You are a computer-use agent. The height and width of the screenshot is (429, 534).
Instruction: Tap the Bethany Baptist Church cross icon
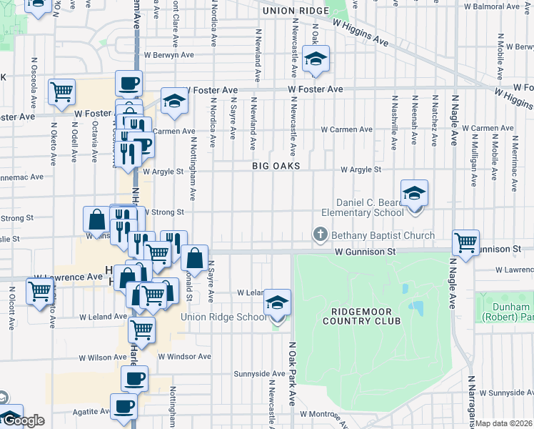[x=321, y=235]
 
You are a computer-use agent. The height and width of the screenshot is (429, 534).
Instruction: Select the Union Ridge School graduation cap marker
[x=277, y=302]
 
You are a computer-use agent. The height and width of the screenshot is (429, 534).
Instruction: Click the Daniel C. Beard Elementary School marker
[x=414, y=193]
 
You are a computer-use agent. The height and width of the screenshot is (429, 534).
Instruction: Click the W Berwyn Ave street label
[x=169, y=54]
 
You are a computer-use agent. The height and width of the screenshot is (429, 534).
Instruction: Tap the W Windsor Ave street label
[x=184, y=356]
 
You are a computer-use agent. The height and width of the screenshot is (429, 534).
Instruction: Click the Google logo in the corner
[x=23, y=421]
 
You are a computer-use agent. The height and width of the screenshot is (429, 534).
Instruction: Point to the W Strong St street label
[x=164, y=212]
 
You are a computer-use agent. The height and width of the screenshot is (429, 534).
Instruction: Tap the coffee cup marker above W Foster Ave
[x=129, y=83]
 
